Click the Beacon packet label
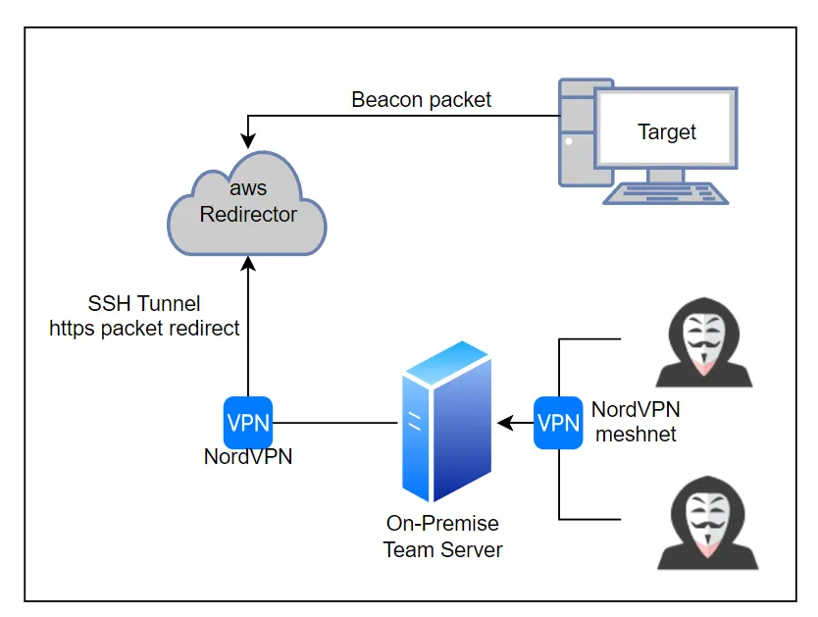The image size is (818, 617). tap(422, 100)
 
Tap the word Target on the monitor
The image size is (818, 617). tap(667, 131)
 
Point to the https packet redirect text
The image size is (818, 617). tap(145, 328)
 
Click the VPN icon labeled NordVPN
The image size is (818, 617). tap(248, 423)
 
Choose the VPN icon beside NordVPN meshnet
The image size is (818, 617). tap(558, 423)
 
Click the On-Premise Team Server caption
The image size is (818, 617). tap(442, 537)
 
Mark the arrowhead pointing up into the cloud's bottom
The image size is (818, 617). tap(248, 262)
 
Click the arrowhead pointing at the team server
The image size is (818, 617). tap(504, 423)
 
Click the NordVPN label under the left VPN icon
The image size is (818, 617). tap(248, 456)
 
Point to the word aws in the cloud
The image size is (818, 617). tap(248, 188)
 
